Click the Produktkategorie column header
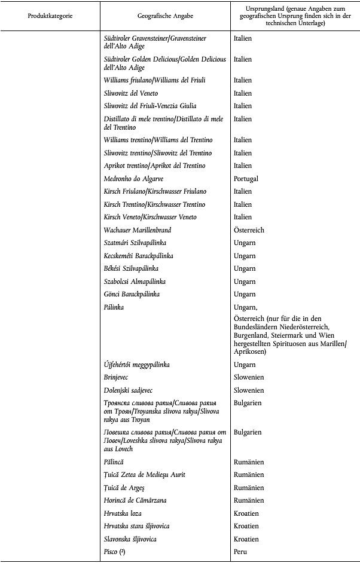pyautogui.click(x=50, y=15)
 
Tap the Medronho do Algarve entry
pyautogui.click(x=134, y=179)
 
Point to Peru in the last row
pyautogui.click(x=240, y=552)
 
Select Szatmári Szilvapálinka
pyautogui.click(x=135, y=243)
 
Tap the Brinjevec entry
pyautogui.click(x=118, y=377)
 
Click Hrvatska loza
pyautogui.click(x=123, y=513)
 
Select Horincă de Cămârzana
pyautogui.click(x=136, y=500)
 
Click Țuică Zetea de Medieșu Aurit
pyautogui.click(x=144, y=475)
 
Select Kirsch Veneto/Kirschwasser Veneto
pyautogui.click(x=150, y=217)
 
